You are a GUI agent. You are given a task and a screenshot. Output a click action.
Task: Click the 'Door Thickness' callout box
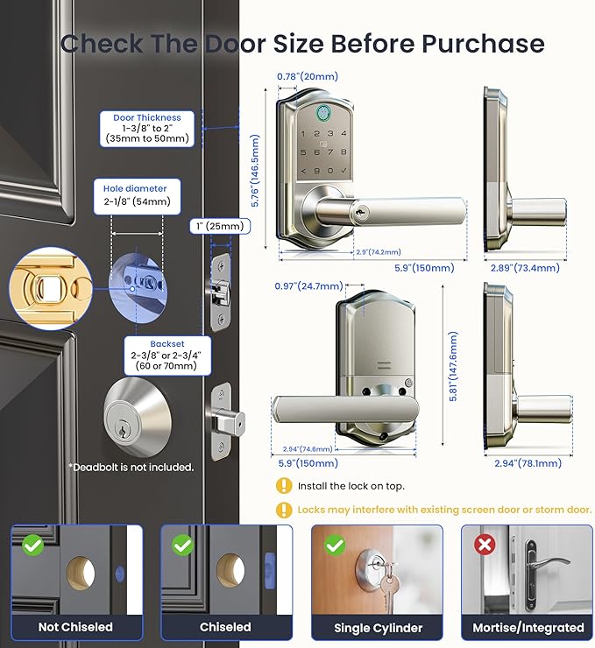(146, 128)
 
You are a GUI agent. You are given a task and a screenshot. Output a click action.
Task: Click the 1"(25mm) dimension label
(220, 227)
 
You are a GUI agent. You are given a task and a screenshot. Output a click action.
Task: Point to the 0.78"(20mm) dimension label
(308, 77)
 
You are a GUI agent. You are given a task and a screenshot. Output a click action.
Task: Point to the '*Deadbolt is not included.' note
(131, 468)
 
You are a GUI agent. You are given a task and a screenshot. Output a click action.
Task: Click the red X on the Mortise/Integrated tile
(484, 545)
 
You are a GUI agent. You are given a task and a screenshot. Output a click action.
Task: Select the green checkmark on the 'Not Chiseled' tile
(32, 545)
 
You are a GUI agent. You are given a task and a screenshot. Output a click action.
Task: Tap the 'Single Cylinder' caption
(377, 628)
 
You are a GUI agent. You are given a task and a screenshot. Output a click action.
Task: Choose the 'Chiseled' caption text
(225, 628)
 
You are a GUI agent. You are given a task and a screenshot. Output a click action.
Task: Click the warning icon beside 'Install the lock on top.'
(284, 486)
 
